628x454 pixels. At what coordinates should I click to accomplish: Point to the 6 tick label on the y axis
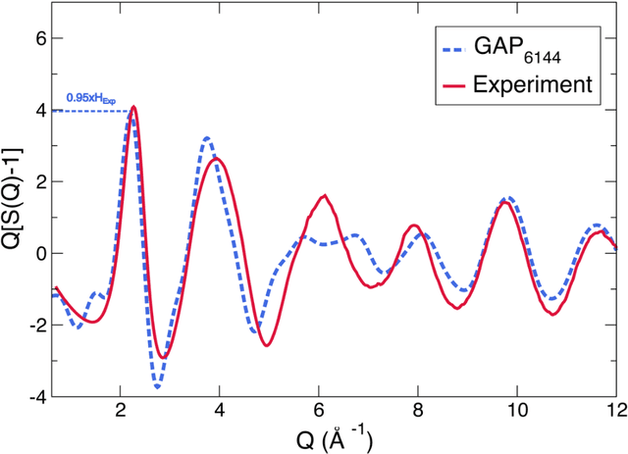(31, 38)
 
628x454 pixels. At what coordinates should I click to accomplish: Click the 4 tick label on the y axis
(31, 110)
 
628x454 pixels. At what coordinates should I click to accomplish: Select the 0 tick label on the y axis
(31, 254)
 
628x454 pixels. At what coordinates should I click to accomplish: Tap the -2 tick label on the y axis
(27, 326)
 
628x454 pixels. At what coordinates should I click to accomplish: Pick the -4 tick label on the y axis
(27, 397)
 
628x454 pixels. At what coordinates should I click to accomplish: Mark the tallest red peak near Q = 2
(133, 107)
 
